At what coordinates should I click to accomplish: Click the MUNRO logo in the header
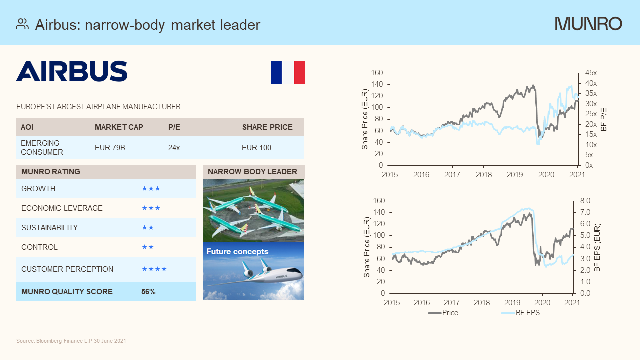[x=588, y=24]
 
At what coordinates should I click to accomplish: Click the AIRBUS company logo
[x=72, y=71]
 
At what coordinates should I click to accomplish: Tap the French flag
[x=287, y=72]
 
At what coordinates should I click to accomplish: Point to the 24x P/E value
[x=174, y=148]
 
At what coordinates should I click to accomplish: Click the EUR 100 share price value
[x=256, y=148]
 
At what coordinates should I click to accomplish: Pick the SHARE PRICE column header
[x=267, y=127]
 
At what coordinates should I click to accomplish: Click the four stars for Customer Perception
[x=154, y=269]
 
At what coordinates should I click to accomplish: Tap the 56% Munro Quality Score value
[x=148, y=292]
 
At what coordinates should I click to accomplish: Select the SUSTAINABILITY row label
[x=49, y=228]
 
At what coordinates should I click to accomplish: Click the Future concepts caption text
[x=237, y=252]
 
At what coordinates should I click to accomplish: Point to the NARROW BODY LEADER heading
[x=252, y=172]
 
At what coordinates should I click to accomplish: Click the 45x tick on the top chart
[x=591, y=73]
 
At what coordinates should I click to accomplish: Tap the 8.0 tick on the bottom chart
[x=585, y=201]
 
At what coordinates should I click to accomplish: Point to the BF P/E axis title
[x=604, y=119]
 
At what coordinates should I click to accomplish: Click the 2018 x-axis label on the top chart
[x=483, y=175]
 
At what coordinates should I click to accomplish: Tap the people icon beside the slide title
[x=22, y=24]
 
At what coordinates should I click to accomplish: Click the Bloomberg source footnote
[x=71, y=341]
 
